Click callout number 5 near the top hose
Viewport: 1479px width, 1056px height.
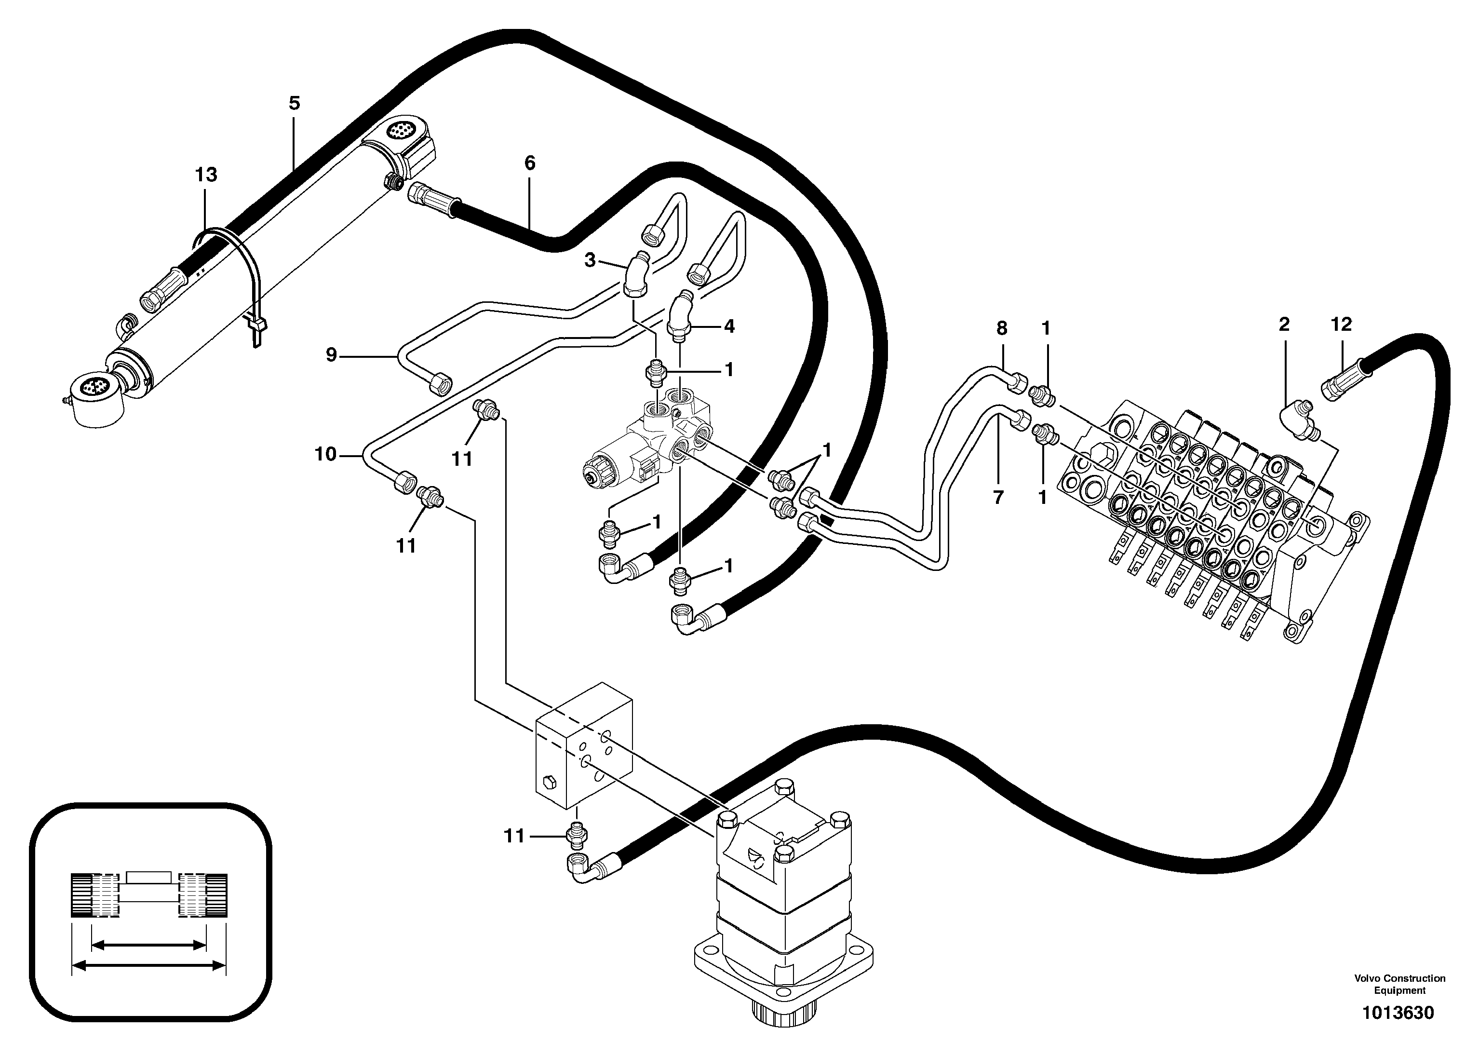295,103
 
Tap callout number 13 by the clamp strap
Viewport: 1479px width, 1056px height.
205,175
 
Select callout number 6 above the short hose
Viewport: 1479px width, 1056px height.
529,163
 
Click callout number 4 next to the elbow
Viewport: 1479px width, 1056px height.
729,326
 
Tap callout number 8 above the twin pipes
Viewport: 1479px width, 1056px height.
1001,328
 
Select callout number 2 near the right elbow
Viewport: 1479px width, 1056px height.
1283,325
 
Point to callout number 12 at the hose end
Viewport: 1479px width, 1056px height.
1341,325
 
